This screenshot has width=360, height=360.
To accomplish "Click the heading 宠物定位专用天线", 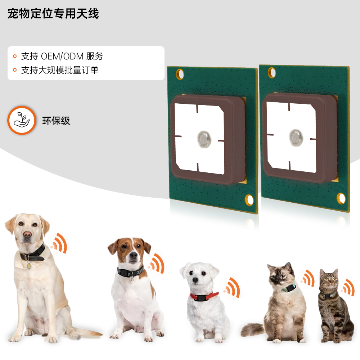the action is point(53,13).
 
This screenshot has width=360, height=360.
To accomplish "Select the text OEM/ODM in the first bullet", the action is point(62,56).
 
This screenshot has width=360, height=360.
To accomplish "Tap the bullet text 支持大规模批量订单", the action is point(60,70).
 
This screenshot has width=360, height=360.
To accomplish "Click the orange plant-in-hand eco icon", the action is point(22,120).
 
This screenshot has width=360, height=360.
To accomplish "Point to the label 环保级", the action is point(56,121).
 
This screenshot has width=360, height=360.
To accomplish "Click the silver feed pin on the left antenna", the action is point(204,139).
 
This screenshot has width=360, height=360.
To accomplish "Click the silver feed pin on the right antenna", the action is point(296,138).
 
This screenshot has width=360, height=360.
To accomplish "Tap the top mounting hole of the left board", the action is point(180,74).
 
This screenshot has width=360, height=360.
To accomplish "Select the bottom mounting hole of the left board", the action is point(249,200).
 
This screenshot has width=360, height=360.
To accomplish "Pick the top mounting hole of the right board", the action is point(272,73).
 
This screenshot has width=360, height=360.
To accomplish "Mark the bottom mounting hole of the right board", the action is point(341,198).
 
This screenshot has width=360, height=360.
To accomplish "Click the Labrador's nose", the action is point(27,234).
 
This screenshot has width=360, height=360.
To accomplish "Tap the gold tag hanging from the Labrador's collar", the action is point(29,265).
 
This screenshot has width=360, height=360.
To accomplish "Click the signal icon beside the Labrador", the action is point(59,243).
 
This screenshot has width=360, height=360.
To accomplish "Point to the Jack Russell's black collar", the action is point(130,272).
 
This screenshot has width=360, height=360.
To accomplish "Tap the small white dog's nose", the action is point(195,280).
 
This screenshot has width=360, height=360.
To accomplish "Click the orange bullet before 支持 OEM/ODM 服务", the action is point(15,56).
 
